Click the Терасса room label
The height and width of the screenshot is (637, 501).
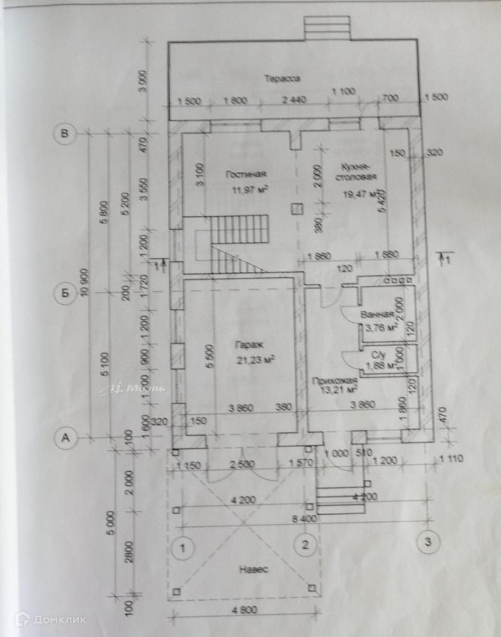coord(281,79)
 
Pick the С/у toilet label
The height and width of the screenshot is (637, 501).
coord(371,354)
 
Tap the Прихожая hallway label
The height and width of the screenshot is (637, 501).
coord(332,381)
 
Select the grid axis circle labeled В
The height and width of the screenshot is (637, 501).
coord(64,134)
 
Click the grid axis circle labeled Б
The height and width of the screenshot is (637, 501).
coord(64,293)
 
